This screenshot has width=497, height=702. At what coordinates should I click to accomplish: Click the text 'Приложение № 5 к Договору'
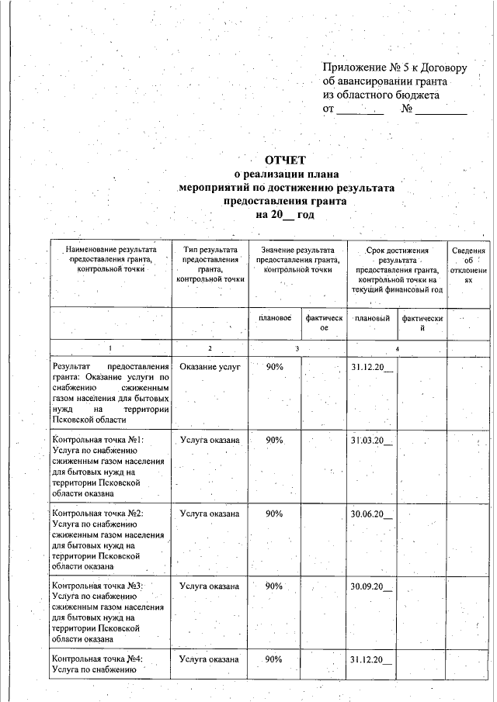[x=394, y=67]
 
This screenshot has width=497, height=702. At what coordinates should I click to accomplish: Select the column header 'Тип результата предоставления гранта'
[x=210, y=264]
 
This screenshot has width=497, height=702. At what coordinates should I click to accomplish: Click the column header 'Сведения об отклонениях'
[x=468, y=267]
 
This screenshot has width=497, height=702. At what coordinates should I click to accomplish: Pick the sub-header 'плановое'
[x=274, y=318]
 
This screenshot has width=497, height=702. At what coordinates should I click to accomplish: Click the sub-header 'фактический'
[x=421, y=323]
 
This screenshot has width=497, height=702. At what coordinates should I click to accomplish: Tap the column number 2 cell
[x=210, y=349]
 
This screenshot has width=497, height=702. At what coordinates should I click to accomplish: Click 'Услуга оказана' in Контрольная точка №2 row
[x=210, y=514]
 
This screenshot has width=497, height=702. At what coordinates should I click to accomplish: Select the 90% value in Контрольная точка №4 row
[x=274, y=659]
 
